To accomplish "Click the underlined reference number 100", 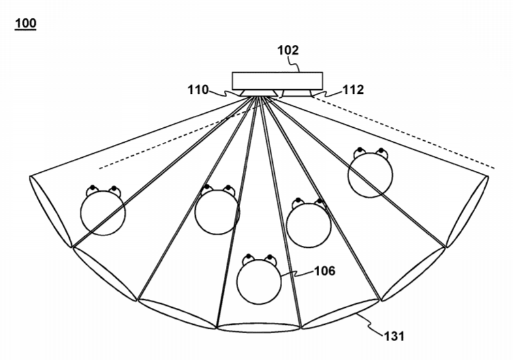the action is point(25,23).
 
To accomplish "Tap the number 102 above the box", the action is point(288,50).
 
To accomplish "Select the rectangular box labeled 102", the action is point(277,81).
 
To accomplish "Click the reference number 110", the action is point(198,89).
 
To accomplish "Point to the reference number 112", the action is point(353,89).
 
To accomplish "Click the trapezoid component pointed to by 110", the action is point(259,93).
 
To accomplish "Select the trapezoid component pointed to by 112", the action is point(297,93).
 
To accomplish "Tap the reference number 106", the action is point(324,271).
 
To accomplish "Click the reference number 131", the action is point(394,336).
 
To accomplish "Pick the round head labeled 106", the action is point(259,282).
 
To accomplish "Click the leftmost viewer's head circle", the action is point(102,213).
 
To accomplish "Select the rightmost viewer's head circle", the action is point(370,175).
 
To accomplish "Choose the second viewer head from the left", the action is point(217,212).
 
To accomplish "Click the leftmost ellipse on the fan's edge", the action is point(51,211).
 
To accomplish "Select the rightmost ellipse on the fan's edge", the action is point(467,211).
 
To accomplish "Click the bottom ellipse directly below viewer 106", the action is point(259,327).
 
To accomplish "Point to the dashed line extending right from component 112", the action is point(403,132).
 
